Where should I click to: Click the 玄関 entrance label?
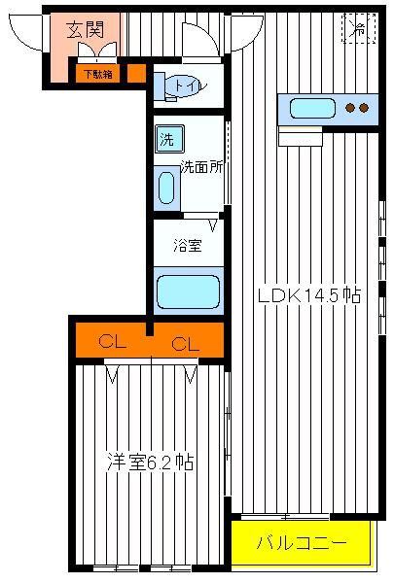pyautogui.click(x=86, y=30)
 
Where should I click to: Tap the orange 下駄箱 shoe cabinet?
pyautogui.click(x=98, y=74)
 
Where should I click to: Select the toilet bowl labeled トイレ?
pyautogui.click(x=185, y=86)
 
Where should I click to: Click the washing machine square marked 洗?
pyautogui.click(x=170, y=139)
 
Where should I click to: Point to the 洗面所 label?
pyautogui.click(x=201, y=166)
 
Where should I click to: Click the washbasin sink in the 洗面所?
pyautogui.click(x=166, y=188)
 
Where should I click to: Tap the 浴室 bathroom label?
pyautogui.click(x=188, y=246)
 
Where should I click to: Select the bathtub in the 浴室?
pyautogui.click(x=189, y=291)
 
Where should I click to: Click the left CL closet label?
pyautogui.click(x=113, y=341)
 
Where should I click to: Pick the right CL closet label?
pyautogui.click(x=186, y=344)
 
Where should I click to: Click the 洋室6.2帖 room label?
pyautogui.click(x=150, y=462)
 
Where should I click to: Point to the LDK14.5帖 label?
pyautogui.click(x=309, y=296)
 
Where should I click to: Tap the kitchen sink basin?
pyautogui.click(x=312, y=108)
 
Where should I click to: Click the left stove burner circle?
pyautogui.click(x=350, y=108)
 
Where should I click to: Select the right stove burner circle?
pyautogui.click(x=364, y=108)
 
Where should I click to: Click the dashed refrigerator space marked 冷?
pyautogui.click(x=359, y=28)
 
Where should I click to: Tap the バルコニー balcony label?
pyautogui.click(x=302, y=543)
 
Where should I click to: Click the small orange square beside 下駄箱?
pyautogui.click(x=136, y=74)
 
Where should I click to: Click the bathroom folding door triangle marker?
pyautogui.click(x=213, y=225)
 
